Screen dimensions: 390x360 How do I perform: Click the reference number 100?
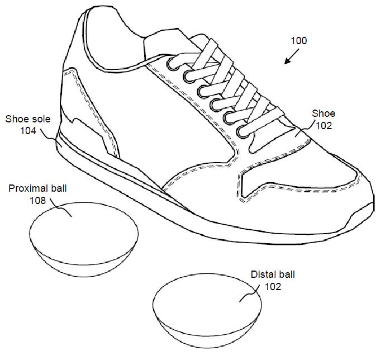click(x=299, y=41)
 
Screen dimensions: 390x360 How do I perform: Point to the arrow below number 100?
click(x=292, y=56)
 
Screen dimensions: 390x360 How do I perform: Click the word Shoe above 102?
click(x=324, y=113)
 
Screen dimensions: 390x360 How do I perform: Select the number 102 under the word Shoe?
click(x=324, y=126)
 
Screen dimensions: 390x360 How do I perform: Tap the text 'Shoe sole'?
click(x=28, y=119)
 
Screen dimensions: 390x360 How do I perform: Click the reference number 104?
click(x=28, y=131)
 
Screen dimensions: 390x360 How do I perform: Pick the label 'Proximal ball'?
click(x=37, y=188)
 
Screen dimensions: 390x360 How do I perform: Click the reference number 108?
click(x=38, y=201)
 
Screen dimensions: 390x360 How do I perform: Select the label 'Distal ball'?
click(x=273, y=274)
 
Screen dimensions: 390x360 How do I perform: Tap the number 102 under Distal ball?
click(x=273, y=287)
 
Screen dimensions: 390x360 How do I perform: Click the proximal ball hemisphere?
click(x=84, y=239)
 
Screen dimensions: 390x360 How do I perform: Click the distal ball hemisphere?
click(x=207, y=311)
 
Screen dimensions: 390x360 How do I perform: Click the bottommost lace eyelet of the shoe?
click(x=242, y=132)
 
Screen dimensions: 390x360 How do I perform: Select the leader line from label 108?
click(x=61, y=207)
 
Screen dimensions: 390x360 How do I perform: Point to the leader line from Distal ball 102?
click(x=249, y=293)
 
